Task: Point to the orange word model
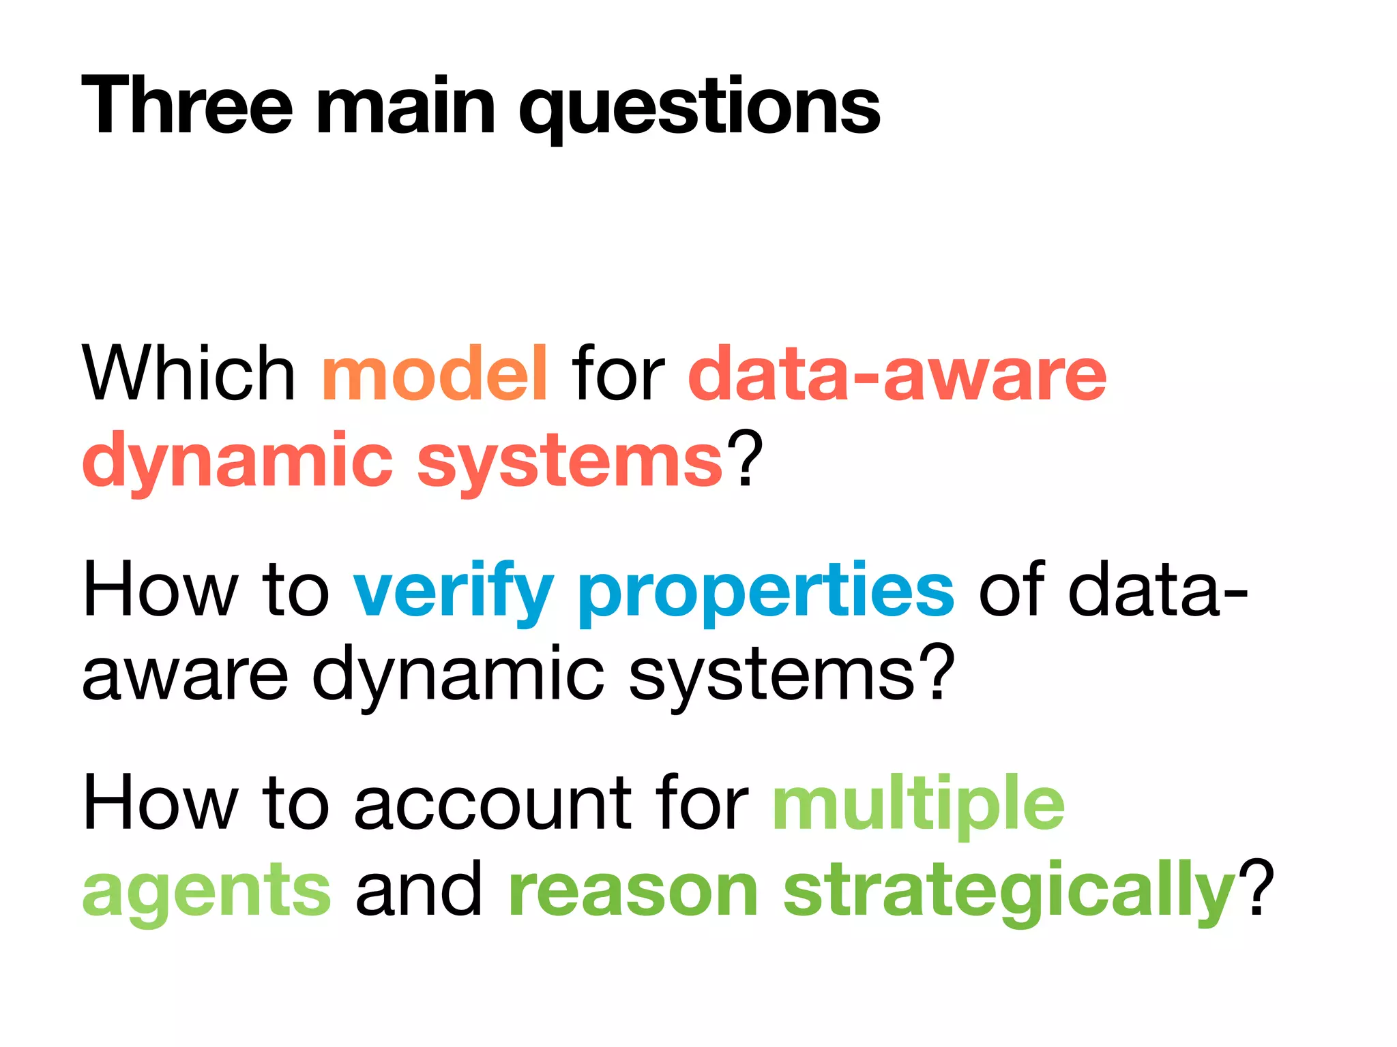[435, 373]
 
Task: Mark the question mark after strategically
[1257, 886]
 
